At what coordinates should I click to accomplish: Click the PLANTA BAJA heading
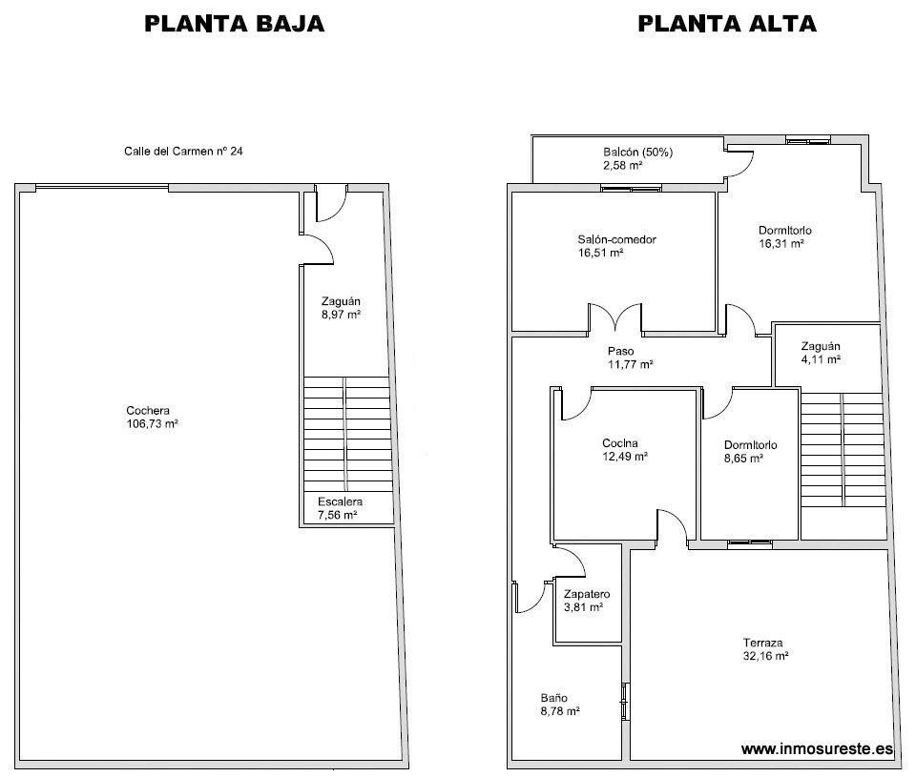[x=234, y=24]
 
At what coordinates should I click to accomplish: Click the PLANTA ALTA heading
[x=726, y=24]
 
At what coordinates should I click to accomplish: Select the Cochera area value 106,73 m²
[x=153, y=425]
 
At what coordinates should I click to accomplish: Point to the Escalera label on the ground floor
[x=340, y=501]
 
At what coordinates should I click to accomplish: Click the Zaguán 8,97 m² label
[x=341, y=307]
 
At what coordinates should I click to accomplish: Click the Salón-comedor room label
[x=616, y=240]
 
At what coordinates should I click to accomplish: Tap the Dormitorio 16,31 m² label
[x=784, y=236]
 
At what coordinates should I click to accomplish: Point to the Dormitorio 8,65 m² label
[x=749, y=451]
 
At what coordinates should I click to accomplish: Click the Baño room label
[x=553, y=704]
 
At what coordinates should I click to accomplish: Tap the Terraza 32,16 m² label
[x=766, y=648]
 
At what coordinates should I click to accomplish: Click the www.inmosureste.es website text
[x=817, y=749]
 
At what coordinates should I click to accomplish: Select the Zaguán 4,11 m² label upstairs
[x=821, y=353]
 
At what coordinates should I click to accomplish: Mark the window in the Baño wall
[x=625, y=702]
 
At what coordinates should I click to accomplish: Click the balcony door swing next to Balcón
[x=736, y=165]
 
